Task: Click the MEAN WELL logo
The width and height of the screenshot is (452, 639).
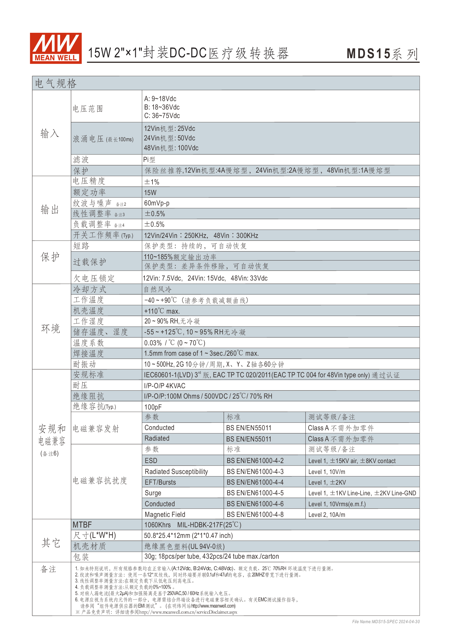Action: click(x=56, y=48)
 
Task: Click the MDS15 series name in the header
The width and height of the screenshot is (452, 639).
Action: click(x=382, y=54)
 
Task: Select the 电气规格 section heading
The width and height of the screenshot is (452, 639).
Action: click(x=56, y=84)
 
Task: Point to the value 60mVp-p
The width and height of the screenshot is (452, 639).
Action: click(x=157, y=203)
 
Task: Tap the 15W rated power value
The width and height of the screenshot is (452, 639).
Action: click(x=150, y=193)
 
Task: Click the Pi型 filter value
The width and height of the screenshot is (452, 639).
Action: click(x=149, y=160)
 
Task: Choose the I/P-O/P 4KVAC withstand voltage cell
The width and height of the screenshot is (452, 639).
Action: click(x=165, y=386)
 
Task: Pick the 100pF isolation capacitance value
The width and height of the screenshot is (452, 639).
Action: click(x=153, y=407)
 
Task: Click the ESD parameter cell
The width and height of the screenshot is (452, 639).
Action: click(x=151, y=461)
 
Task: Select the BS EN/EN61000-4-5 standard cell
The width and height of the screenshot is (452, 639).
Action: click(x=255, y=493)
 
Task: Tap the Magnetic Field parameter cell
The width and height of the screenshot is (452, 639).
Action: click(x=165, y=515)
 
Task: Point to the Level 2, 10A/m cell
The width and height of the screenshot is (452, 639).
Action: click(x=327, y=515)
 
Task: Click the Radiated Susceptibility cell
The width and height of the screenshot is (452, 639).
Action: click(x=176, y=472)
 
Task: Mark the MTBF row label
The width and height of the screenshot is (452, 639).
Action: click(x=82, y=525)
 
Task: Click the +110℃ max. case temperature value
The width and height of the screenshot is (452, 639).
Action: click(x=162, y=311)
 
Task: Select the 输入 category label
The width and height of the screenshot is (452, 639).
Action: click(x=50, y=134)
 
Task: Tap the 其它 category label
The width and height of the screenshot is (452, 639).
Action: click(x=51, y=543)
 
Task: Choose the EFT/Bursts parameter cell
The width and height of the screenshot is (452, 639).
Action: click(x=160, y=482)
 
